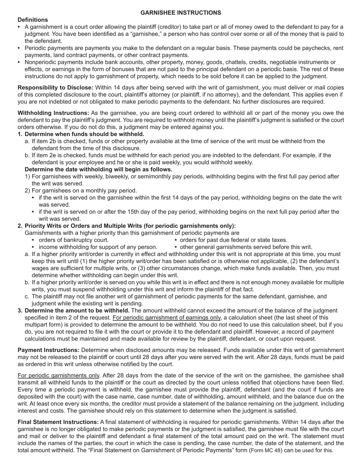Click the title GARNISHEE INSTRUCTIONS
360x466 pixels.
point(180,13)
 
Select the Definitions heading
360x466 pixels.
point(33,20)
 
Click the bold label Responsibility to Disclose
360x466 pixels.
point(55,88)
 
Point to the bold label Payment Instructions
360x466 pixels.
point(49,350)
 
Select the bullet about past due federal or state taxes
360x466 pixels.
point(233,240)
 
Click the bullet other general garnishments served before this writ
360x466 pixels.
point(246,247)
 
